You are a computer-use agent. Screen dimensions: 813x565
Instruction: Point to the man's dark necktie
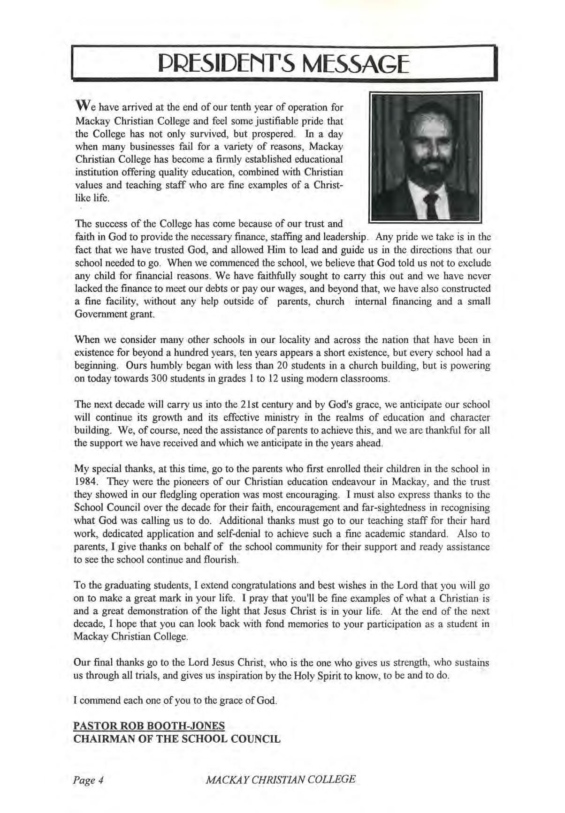[x=431, y=206]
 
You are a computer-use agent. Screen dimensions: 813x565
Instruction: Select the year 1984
[x=84, y=482]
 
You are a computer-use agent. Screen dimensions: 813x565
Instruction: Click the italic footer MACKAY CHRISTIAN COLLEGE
[x=281, y=780]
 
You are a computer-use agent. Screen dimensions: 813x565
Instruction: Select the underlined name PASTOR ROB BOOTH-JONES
[x=149, y=726]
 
